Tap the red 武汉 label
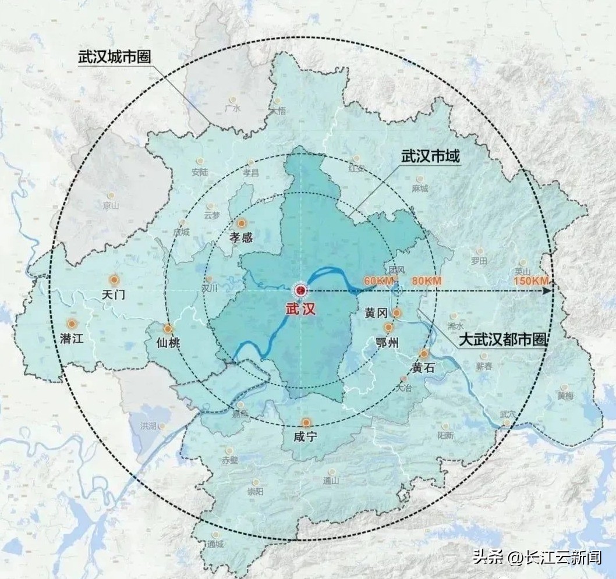(300, 309)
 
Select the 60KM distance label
(379, 281)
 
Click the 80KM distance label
(426, 281)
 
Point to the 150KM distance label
(532, 281)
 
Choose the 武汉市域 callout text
(430, 157)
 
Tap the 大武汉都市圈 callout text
(503, 340)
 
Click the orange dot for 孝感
(242, 223)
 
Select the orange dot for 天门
(114, 280)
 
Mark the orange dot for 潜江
(72, 324)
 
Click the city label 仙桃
(168, 343)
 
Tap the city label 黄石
(423, 368)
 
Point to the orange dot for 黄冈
(396, 313)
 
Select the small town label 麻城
(419, 189)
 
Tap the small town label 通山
(331, 481)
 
